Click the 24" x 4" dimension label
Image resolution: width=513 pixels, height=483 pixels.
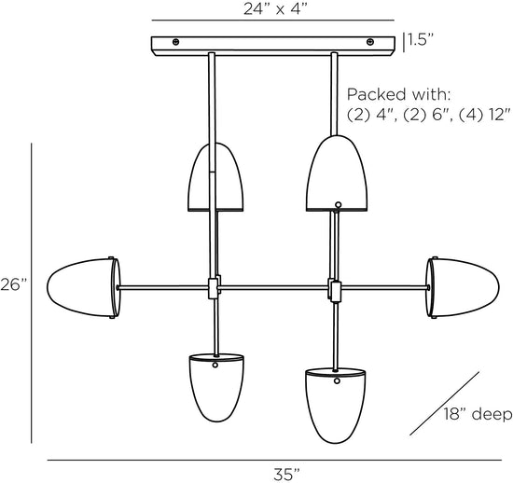(x=275, y=9)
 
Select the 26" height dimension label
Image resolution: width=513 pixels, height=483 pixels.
(x=13, y=284)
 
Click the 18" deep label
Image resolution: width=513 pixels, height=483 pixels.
(x=478, y=414)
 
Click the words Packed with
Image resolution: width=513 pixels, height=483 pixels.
(x=398, y=94)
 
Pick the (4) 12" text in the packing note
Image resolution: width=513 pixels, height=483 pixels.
(x=484, y=115)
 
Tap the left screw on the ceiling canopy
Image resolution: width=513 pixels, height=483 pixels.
(x=175, y=42)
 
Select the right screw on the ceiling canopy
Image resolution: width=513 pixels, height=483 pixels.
(x=370, y=42)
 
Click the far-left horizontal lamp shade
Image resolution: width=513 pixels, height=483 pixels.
(x=84, y=288)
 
